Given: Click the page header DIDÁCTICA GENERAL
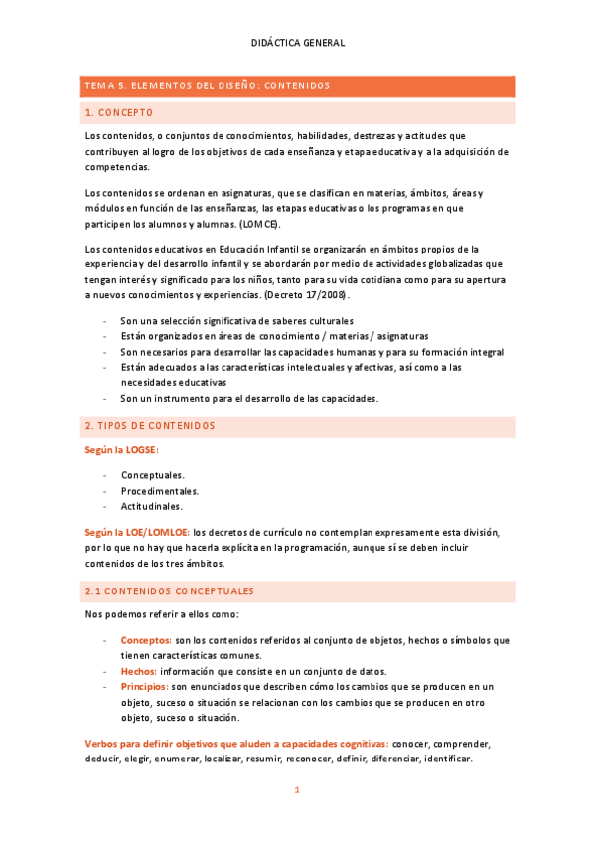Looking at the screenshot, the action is (298, 43).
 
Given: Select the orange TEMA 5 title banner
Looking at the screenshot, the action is (297, 86).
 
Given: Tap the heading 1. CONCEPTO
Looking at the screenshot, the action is (119, 113).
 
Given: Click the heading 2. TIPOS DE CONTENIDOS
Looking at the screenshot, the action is (150, 426).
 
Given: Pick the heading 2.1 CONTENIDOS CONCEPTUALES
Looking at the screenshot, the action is (169, 591).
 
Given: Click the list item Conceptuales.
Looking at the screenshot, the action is (152, 475).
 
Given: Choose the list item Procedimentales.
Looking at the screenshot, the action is (160, 491).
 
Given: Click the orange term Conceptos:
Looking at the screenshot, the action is (146, 640).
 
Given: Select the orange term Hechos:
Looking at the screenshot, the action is (139, 671).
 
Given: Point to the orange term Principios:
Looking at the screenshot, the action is (145, 687).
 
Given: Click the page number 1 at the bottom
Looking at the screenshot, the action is (296, 790).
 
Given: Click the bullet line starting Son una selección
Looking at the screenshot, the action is (236, 322).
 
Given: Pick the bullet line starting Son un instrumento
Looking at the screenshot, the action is (249, 398).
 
